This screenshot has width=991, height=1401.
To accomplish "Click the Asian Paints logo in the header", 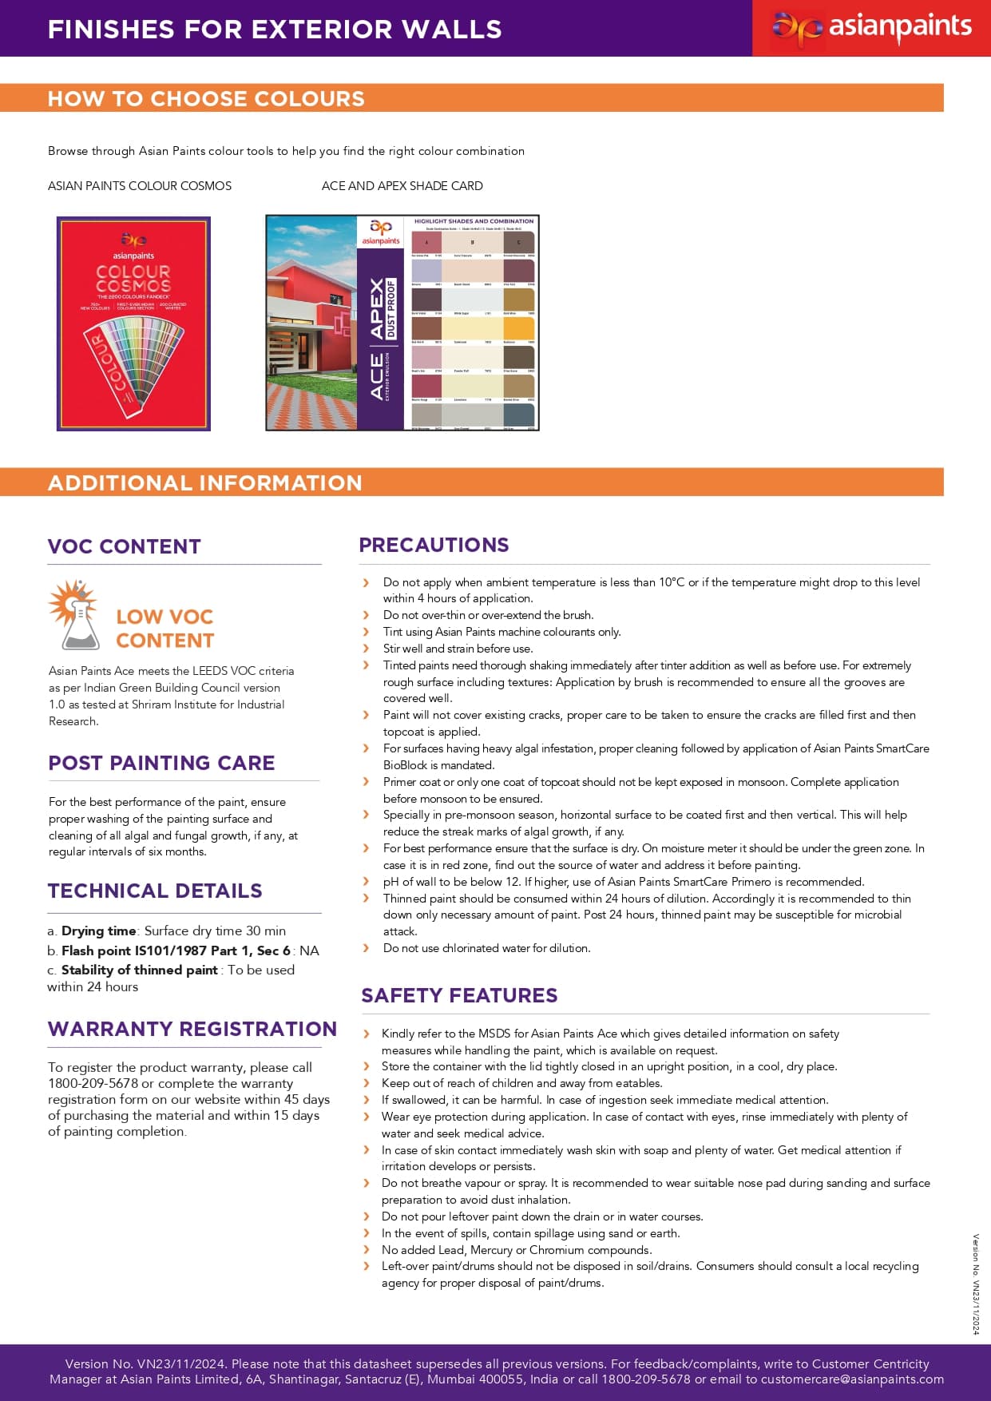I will click(871, 29).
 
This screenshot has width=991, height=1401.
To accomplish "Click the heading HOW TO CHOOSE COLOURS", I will click(206, 98).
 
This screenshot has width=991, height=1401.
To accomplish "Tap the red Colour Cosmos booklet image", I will click(133, 323).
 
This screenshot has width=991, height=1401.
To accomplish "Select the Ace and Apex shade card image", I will click(402, 323).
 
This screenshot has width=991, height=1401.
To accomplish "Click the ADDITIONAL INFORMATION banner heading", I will click(205, 482).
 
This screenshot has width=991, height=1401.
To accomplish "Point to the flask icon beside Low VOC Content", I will click(75, 616).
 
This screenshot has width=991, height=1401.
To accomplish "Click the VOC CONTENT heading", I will click(124, 546).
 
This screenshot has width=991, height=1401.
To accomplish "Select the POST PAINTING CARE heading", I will click(161, 763).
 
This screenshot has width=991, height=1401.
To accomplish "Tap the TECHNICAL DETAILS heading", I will click(155, 891).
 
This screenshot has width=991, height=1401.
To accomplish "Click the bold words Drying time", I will click(99, 931).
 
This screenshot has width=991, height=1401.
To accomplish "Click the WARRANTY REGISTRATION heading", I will click(192, 1029).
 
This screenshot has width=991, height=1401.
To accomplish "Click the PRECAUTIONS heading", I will click(434, 545).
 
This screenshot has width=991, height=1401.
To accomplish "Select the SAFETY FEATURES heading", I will click(459, 995).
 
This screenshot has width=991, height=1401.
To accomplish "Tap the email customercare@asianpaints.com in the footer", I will click(852, 1379).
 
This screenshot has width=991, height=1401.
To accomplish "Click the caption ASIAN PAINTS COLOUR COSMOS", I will click(140, 186).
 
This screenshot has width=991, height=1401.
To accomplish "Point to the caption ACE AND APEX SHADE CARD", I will click(402, 186).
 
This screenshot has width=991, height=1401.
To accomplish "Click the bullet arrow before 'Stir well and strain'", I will click(367, 649).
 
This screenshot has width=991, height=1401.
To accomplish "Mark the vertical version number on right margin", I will click(975, 1284).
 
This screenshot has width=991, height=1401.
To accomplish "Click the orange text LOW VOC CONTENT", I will click(165, 629).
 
